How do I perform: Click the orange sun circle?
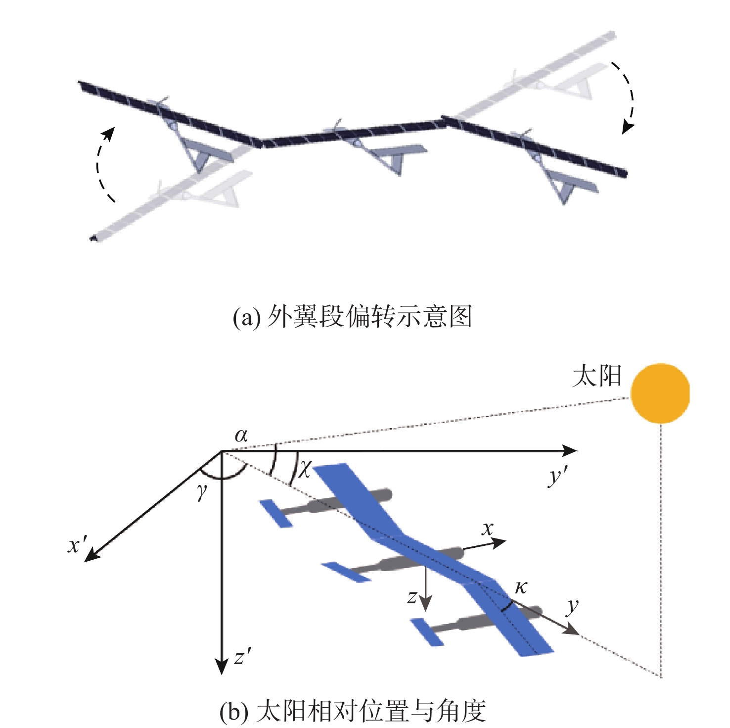pos(660,393)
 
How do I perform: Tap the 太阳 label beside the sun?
pos(596,377)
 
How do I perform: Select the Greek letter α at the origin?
pos(241,436)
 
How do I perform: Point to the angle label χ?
pos(305,468)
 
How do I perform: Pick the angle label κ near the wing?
pos(521,587)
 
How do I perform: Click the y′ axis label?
pos(558,477)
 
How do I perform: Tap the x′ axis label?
pos(78,545)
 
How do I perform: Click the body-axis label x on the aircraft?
pos(488,529)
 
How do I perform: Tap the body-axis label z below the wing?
pos(411,597)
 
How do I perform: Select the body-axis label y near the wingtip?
pos(573,607)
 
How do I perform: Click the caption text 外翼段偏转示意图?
pos(370,316)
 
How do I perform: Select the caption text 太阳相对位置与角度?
pos(371,711)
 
